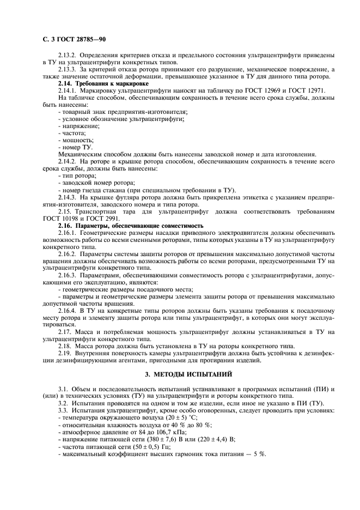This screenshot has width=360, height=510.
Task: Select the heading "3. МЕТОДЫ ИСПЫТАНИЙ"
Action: (x=181, y=374)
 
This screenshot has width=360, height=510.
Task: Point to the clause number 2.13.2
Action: (x=68, y=56)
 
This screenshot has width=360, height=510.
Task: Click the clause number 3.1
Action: (x=63, y=387)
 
